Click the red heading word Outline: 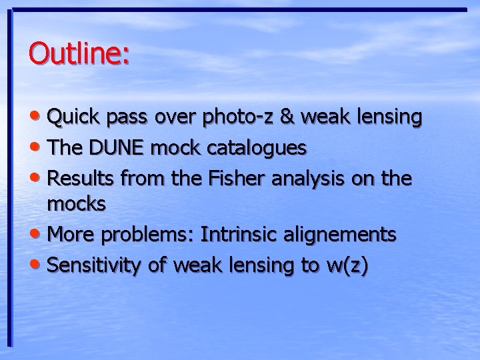point(79,53)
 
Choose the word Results point(83,178)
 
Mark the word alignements point(345,235)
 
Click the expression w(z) point(346,265)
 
